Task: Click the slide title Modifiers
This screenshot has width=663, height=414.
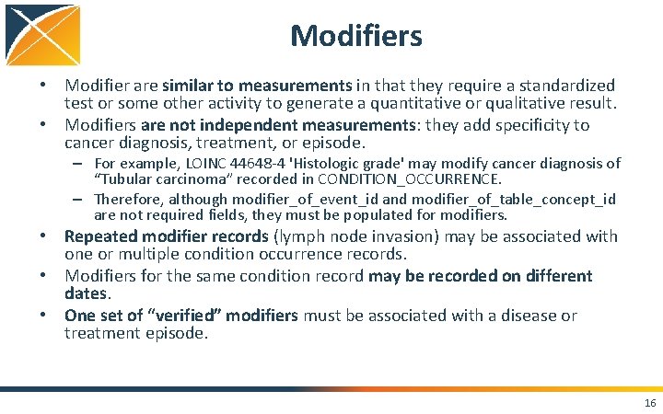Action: (x=355, y=36)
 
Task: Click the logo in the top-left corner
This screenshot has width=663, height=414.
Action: (x=41, y=41)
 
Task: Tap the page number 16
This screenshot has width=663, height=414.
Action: (x=650, y=403)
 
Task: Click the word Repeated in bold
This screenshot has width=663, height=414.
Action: (x=99, y=236)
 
